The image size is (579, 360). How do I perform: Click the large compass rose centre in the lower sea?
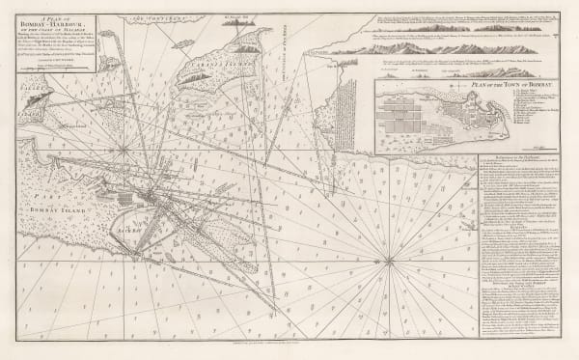[x=388, y=259]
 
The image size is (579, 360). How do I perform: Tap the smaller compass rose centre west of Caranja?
[x=124, y=150]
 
